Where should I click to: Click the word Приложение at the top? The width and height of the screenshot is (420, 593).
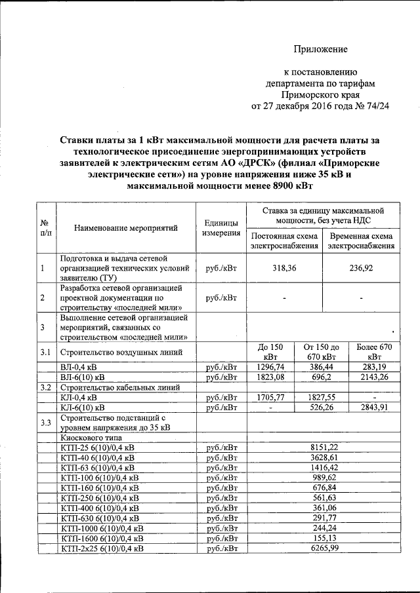(320, 49)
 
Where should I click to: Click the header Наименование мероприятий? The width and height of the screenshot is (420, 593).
(127, 229)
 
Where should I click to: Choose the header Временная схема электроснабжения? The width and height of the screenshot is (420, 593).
(362, 242)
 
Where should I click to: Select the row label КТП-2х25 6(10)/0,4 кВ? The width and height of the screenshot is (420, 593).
(102, 548)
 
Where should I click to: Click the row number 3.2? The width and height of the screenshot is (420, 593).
(45, 387)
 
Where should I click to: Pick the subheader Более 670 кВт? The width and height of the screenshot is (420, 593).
(373, 351)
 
